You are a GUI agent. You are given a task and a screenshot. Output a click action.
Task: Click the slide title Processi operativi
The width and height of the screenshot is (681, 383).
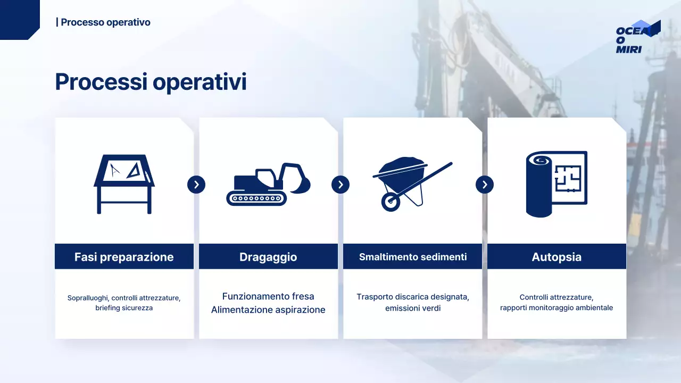coord(151,82)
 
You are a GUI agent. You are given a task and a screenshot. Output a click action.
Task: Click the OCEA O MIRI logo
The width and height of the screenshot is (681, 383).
coord(637,37)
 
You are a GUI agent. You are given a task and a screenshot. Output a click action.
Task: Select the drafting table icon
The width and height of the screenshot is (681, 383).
coord(124,184)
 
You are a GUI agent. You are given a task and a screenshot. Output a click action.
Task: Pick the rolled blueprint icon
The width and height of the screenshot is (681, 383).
coord(556,184)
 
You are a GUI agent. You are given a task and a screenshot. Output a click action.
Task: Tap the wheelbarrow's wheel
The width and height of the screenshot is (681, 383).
coord(391,201)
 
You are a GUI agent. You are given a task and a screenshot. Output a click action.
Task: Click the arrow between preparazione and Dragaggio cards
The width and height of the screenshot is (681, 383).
coord(196,185)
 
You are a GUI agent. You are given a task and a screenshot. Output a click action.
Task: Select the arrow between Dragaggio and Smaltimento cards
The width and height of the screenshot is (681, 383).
coord(340,185)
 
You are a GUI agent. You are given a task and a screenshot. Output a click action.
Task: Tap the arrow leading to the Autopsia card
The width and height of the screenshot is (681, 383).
coord(485,185)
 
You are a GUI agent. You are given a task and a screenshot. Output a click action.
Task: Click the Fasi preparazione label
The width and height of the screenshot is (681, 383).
coord(124,257)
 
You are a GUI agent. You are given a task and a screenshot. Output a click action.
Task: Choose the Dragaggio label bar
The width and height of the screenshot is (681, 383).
coord(268,257)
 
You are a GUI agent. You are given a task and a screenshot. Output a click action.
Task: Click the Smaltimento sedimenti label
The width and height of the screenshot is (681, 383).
coord(413,257)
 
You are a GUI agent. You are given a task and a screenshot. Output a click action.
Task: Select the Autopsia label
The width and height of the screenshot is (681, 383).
coord(557,257)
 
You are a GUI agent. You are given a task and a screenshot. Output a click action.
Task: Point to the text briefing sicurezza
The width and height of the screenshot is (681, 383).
coord(124,308)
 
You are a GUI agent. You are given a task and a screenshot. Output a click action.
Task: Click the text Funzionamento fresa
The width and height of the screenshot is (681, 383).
coord(268,296)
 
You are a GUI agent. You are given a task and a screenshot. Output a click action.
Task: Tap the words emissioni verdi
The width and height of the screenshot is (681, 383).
coord(413,308)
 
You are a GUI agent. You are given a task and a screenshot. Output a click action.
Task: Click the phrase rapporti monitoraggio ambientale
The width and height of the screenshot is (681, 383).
coord(557,308)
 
